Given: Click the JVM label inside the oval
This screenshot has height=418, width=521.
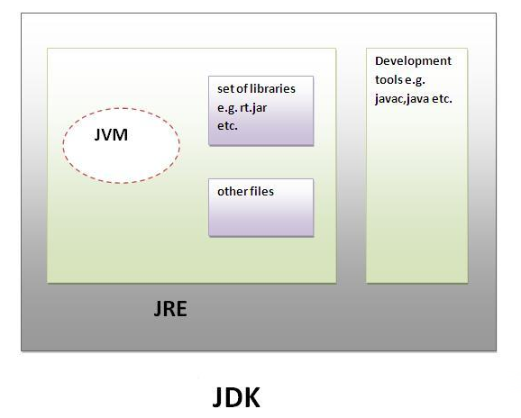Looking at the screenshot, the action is [x=111, y=134].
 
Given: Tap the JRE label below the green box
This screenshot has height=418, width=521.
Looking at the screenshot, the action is [x=170, y=309].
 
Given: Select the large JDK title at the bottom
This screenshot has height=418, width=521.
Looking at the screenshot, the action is [x=236, y=397].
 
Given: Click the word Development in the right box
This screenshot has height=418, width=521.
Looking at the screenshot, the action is [x=413, y=60].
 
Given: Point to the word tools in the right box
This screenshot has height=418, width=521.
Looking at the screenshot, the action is [x=388, y=79].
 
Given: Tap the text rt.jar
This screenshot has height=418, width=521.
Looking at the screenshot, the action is [x=253, y=108].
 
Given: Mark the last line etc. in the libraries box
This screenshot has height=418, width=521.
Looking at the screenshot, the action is [x=228, y=126].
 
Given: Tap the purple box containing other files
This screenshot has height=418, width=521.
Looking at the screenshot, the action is [x=260, y=207].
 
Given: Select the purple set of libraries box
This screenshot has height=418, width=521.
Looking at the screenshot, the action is [x=260, y=111].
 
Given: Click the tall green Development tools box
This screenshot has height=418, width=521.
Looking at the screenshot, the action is [x=417, y=166].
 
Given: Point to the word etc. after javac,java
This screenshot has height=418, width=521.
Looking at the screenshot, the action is [x=442, y=99].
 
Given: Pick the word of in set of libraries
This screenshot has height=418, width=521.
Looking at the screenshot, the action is [x=242, y=88].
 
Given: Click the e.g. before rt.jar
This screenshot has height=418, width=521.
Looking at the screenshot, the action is [x=227, y=109].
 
